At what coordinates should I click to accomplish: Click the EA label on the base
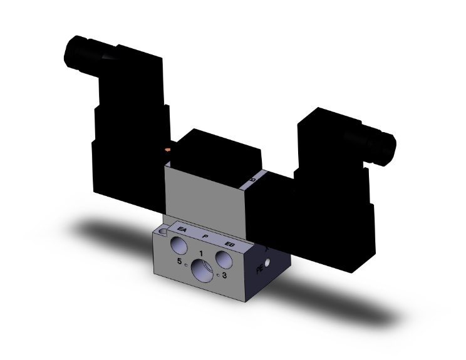(x=182, y=230)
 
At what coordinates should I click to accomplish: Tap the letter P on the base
(x=204, y=236)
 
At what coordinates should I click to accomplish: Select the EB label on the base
(x=229, y=242)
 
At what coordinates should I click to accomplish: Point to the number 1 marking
(x=200, y=252)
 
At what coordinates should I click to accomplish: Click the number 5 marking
(x=180, y=261)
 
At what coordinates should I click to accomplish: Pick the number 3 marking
(x=224, y=274)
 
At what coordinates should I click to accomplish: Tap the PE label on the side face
(x=260, y=270)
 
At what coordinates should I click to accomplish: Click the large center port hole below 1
(x=202, y=271)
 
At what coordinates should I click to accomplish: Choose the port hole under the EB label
(x=223, y=257)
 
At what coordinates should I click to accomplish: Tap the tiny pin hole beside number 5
(x=187, y=263)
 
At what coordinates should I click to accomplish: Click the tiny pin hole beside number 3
(x=217, y=274)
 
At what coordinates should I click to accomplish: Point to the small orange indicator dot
(x=167, y=149)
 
